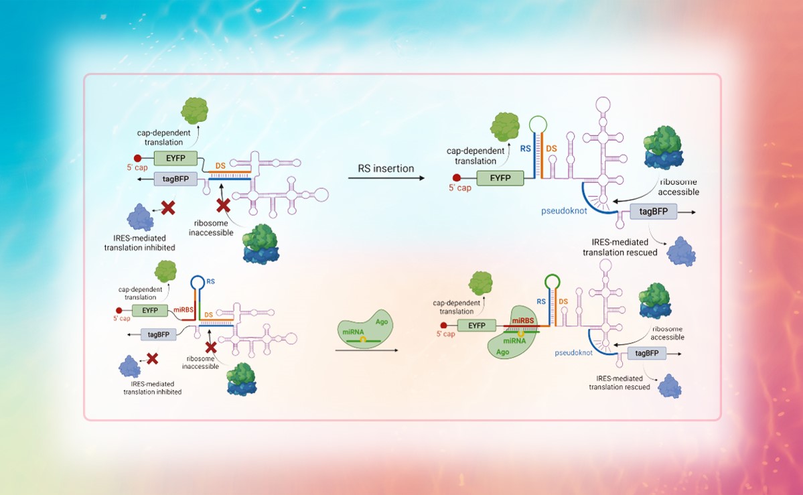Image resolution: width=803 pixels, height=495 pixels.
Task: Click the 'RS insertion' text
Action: click(x=386, y=167)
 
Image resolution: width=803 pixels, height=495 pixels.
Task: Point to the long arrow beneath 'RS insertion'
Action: click(x=386, y=179)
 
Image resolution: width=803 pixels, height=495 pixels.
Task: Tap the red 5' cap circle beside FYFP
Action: click(x=457, y=179)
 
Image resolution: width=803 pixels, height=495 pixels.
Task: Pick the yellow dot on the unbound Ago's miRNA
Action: click(x=363, y=340)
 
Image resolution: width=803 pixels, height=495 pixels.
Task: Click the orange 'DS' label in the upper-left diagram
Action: click(x=220, y=165)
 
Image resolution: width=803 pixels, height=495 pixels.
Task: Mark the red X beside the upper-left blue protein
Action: click(x=168, y=208)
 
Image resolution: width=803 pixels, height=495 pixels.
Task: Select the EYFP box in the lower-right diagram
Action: click(x=477, y=326)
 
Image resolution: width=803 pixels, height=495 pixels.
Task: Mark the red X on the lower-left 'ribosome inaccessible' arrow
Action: click(x=211, y=347)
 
